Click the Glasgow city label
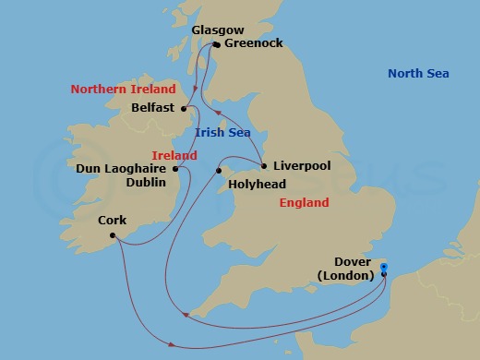pyautogui.click(x=219, y=30)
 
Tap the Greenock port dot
pyautogui.click(x=216, y=43)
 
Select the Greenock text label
pyautogui.click(x=253, y=43)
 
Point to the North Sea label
pyautogui.click(x=418, y=74)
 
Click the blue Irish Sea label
pyautogui.click(x=223, y=133)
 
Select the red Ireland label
pyautogui.click(x=174, y=155)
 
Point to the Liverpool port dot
pyautogui.click(x=264, y=167)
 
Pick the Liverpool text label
pyautogui.click(x=303, y=167)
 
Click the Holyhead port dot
pyautogui.click(x=220, y=171)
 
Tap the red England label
pyautogui.click(x=304, y=202)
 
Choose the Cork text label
pyautogui.click(x=113, y=222)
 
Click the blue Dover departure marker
pyautogui.click(x=384, y=270)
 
